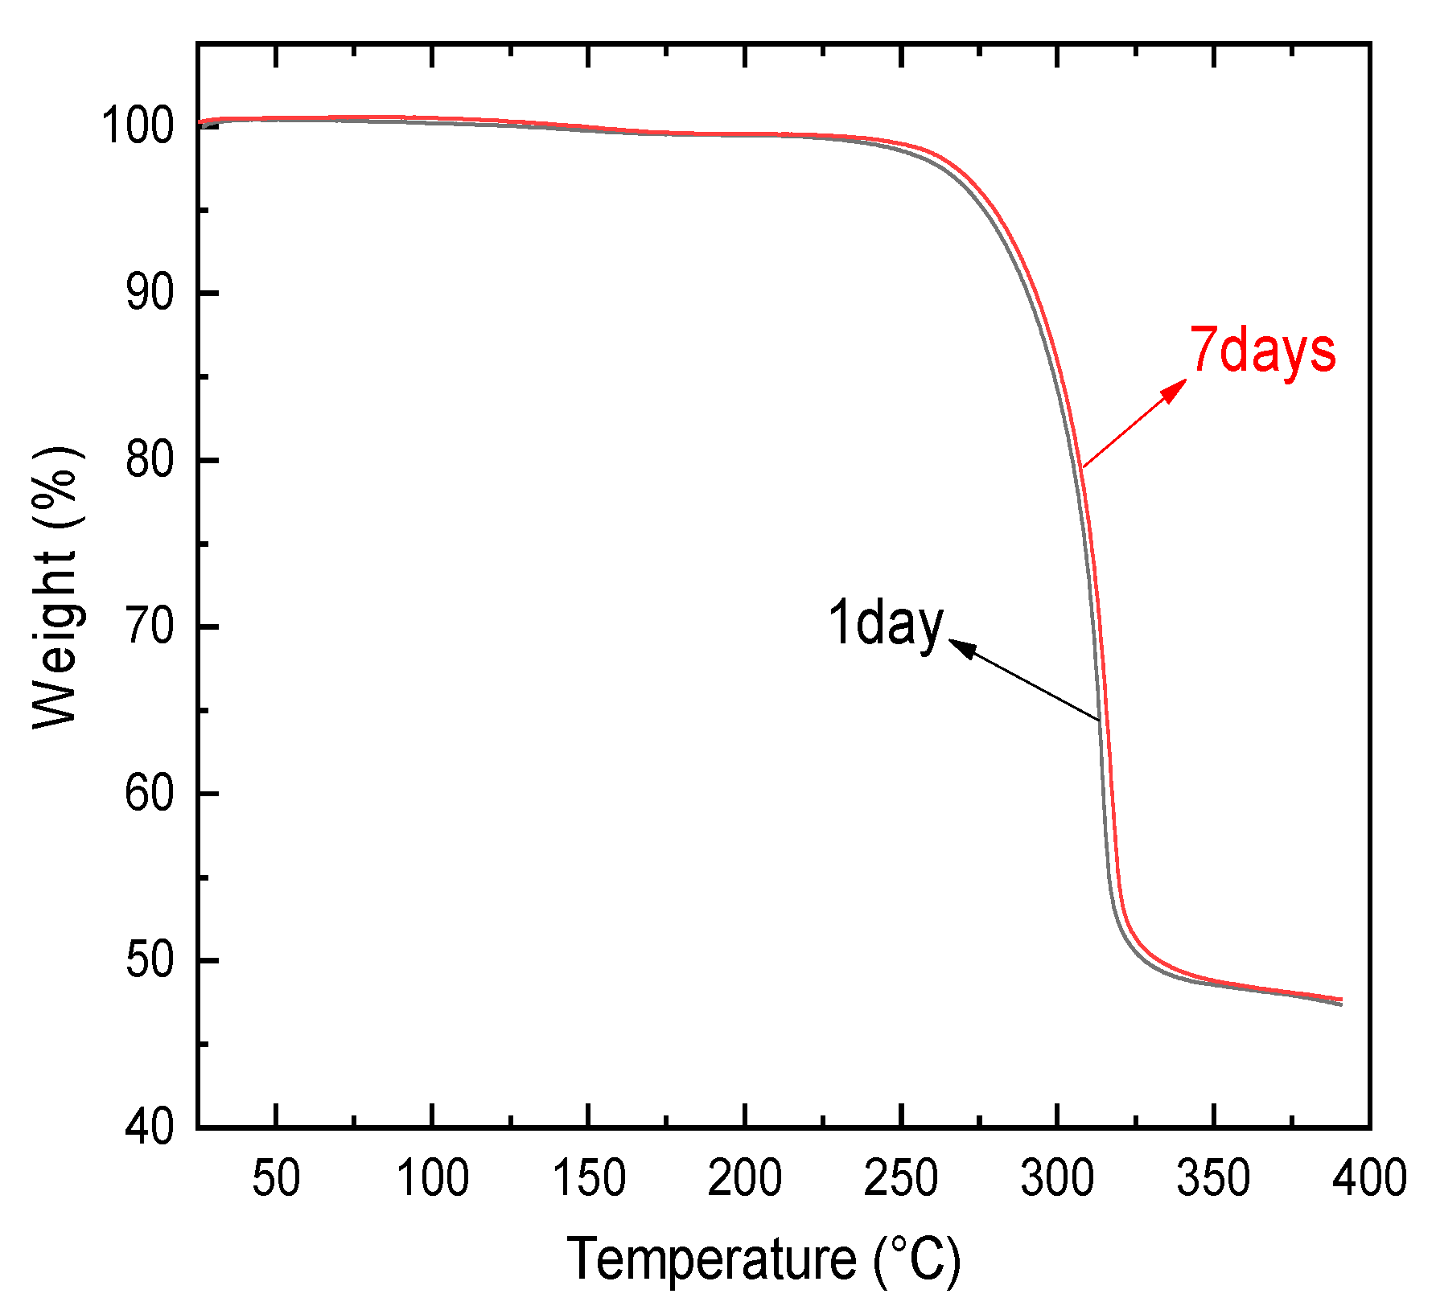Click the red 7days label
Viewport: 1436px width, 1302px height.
click(x=1262, y=351)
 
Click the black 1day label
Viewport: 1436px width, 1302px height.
click(x=885, y=623)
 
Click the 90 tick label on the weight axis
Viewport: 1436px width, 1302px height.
click(x=150, y=294)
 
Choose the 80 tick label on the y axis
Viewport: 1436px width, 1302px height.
click(x=150, y=460)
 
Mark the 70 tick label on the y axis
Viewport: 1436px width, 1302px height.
click(x=150, y=627)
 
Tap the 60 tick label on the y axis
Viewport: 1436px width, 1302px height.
click(x=150, y=794)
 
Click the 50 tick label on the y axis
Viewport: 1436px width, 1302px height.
click(x=150, y=961)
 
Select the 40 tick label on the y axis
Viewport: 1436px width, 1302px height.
click(x=150, y=1127)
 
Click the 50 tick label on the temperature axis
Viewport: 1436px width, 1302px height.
click(x=276, y=1178)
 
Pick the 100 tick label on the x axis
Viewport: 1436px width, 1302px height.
click(x=433, y=1178)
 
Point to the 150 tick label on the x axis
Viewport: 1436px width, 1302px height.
click(x=589, y=1178)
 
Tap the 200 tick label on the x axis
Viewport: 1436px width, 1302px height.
click(x=745, y=1178)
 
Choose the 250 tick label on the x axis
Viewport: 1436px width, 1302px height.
click(x=901, y=1178)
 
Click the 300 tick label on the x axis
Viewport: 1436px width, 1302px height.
click(x=1057, y=1178)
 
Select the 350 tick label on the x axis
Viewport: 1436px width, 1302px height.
click(x=1213, y=1178)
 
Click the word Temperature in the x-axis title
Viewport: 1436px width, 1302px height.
click(x=713, y=1259)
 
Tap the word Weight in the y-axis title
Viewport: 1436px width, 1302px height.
click(x=55, y=639)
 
